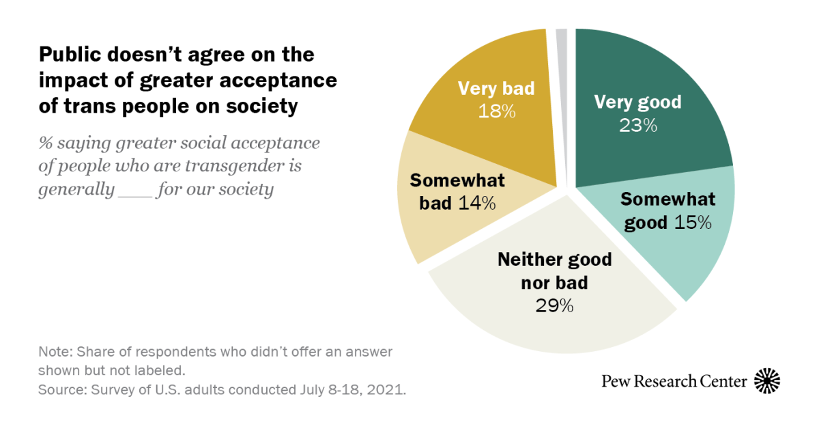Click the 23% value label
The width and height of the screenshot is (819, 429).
638,126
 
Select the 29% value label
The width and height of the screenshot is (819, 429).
554,305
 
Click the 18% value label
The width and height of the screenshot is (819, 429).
496,111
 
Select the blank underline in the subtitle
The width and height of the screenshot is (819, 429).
134,189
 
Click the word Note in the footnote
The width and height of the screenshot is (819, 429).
53,352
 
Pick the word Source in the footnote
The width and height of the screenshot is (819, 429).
59,391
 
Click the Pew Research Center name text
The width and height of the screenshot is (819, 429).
674,381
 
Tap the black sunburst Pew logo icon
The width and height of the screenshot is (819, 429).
766,380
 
